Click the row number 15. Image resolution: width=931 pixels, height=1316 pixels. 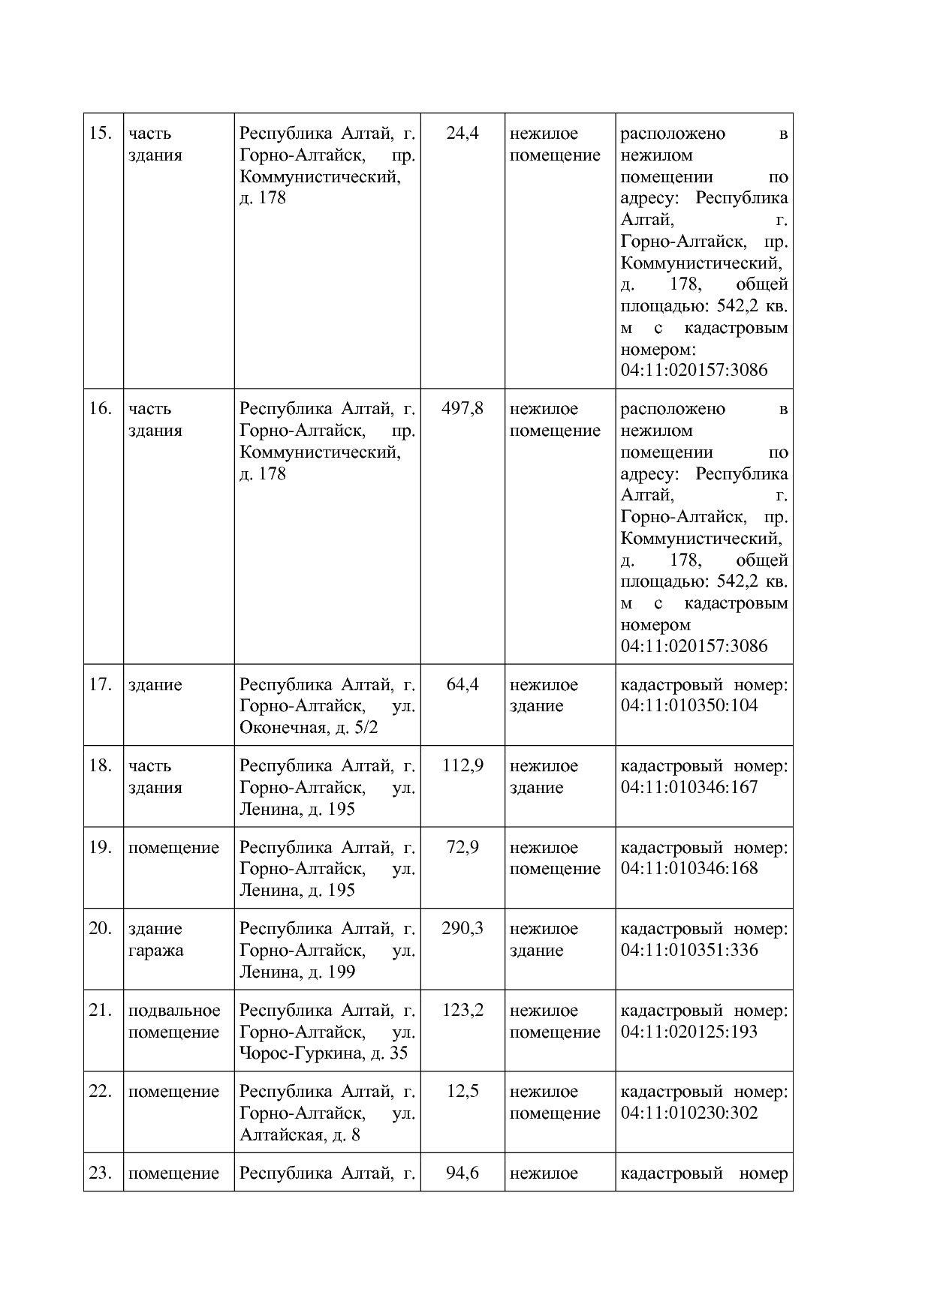(x=100, y=134)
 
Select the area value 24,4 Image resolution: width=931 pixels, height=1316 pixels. (x=462, y=134)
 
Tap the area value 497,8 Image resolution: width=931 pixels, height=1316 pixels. (x=462, y=409)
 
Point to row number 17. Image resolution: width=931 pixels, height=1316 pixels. (x=100, y=684)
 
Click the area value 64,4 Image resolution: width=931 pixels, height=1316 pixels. (x=462, y=684)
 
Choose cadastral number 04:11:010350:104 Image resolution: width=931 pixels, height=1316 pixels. (x=689, y=705)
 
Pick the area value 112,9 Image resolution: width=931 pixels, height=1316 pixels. (x=462, y=765)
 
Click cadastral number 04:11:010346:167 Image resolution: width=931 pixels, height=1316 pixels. (x=689, y=787)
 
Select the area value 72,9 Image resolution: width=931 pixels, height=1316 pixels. (x=462, y=847)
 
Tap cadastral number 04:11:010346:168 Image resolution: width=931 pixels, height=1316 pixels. (x=689, y=868)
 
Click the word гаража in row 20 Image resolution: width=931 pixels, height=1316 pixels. (x=155, y=951)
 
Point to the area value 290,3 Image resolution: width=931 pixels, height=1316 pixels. (x=462, y=929)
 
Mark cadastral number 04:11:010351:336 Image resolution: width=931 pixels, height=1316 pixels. (x=689, y=950)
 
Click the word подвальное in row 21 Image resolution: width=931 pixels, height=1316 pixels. (x=174, y=1011)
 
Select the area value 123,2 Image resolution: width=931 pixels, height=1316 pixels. (x=462, y=1010)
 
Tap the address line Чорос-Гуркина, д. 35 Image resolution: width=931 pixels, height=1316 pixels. (x=324, y=1053)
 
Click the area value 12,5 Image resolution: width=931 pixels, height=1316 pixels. (x=462, y=1091)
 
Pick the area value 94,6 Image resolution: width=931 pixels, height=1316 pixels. (x=462, y=1173)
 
